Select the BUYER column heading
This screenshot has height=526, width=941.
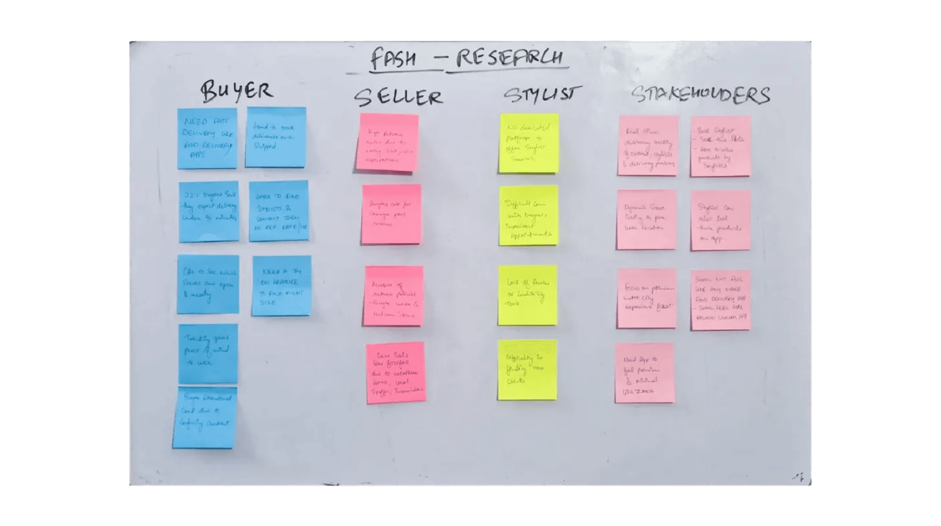(x=237, y=91)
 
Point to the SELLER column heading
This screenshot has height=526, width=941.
(x=398, y=97)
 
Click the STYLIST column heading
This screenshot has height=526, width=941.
(x=542, y=95)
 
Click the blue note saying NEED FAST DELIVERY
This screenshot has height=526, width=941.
(x=207, y=138)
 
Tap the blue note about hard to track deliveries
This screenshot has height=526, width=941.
(x=275, y=137)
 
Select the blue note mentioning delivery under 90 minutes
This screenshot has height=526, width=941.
(x=209, y=211)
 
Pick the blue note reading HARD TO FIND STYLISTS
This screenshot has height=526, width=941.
(x=279, y=211)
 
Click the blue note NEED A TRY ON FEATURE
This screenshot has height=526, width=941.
(x=281, y=286)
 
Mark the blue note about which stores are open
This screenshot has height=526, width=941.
(x=208, y=284)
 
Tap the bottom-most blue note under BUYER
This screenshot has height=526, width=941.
(x=205, y=417)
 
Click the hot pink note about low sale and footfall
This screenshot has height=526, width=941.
(x=395, y=372)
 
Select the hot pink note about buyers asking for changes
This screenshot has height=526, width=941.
(x=391, y=214)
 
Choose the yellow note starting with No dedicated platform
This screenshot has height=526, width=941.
(x=529, y=143)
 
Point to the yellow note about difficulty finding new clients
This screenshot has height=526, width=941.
(x=527, y=370)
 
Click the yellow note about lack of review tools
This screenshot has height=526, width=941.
(x=527, y=295)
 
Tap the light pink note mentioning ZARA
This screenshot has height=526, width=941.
(x=644, y=373)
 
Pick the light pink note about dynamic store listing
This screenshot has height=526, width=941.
(x=646, y=219)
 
